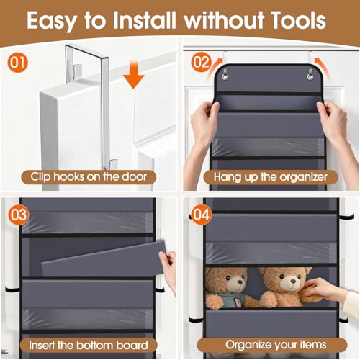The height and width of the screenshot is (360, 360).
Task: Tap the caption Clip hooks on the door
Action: click(89, 176)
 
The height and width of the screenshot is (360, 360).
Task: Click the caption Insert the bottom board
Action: click(89, 344)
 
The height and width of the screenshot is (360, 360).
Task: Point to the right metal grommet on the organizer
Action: click(311, 73)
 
